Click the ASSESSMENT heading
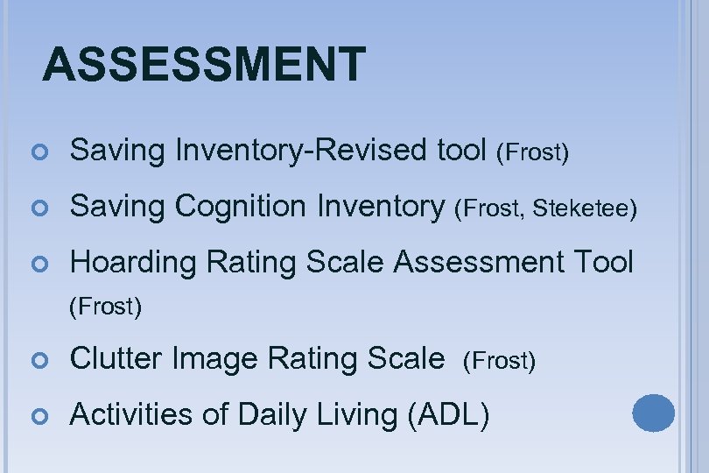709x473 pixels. click(204, 64)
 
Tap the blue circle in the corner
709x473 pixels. click(653, 413)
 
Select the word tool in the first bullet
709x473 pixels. click(461, 151)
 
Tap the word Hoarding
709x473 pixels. click(126, 261)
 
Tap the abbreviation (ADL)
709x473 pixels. click(448, 413)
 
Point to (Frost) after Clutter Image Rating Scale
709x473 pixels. click(499, 361)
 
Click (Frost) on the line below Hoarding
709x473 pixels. click(106, 307)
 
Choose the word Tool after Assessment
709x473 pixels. click(602, 261)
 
